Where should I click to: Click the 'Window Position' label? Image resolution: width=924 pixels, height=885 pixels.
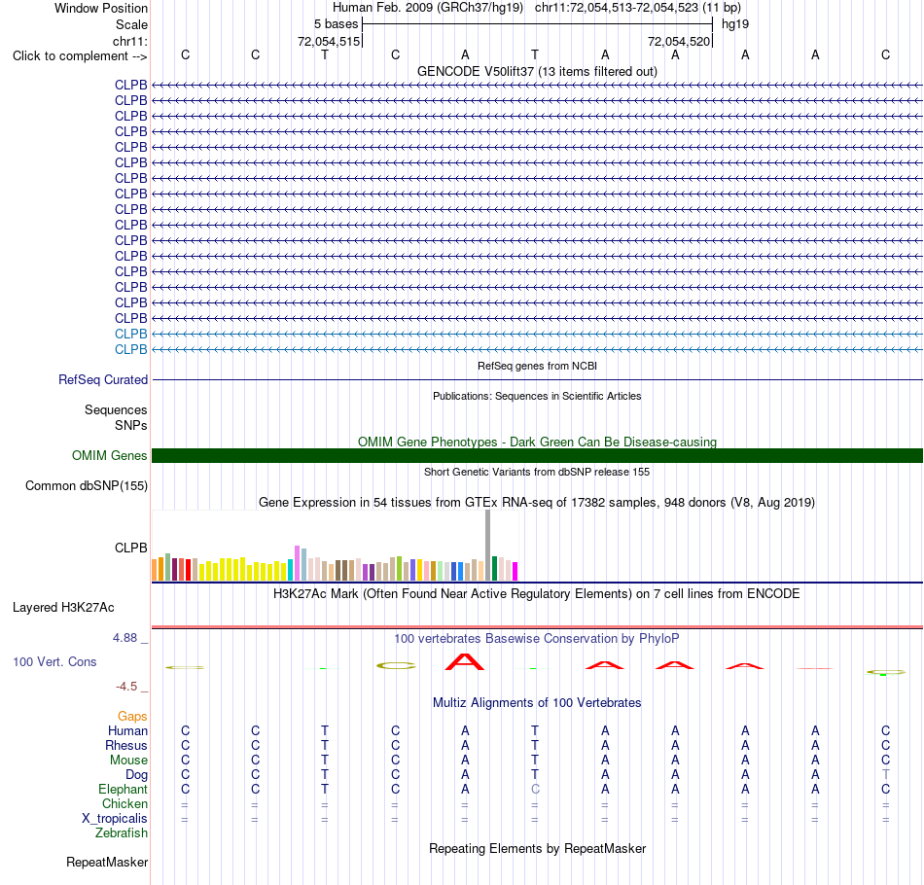tap(101, 8)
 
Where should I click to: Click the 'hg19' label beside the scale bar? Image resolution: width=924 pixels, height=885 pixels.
tap(735, 24)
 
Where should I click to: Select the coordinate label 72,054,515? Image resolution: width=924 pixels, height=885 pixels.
tap(328, 41)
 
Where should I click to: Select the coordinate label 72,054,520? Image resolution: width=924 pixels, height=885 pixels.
tap(679, 41)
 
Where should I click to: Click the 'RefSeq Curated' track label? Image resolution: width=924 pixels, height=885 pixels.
tap(102, 379)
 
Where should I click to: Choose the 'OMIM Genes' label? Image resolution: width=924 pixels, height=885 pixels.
tap(110, 455)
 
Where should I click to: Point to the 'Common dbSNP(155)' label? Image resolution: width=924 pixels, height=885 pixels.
tap(86, 485)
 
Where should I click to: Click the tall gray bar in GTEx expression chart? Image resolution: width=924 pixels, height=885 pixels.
tap(487, 546)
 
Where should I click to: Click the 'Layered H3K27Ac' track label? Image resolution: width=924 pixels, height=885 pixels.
tap(63, 608)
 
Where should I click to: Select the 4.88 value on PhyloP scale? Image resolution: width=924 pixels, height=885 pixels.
tap(124, 638)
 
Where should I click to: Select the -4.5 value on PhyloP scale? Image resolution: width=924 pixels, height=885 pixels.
tap(126, 687)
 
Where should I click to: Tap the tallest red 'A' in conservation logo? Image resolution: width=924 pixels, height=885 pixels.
tap(465, 662)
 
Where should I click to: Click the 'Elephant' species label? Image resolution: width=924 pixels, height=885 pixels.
tap(123, 789)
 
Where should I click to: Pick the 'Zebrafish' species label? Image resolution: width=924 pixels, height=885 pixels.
tap(122, 832)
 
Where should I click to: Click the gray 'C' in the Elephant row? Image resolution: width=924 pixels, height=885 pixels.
tap(535, 789)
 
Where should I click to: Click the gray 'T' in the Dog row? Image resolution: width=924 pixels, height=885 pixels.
tap(885, 774)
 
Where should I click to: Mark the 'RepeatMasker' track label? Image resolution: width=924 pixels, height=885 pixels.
tap(107, 862)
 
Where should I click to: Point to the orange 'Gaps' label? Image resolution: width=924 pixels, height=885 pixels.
tap(132, 716)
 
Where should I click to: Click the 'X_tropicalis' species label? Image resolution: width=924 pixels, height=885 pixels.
tap(115, 819)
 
